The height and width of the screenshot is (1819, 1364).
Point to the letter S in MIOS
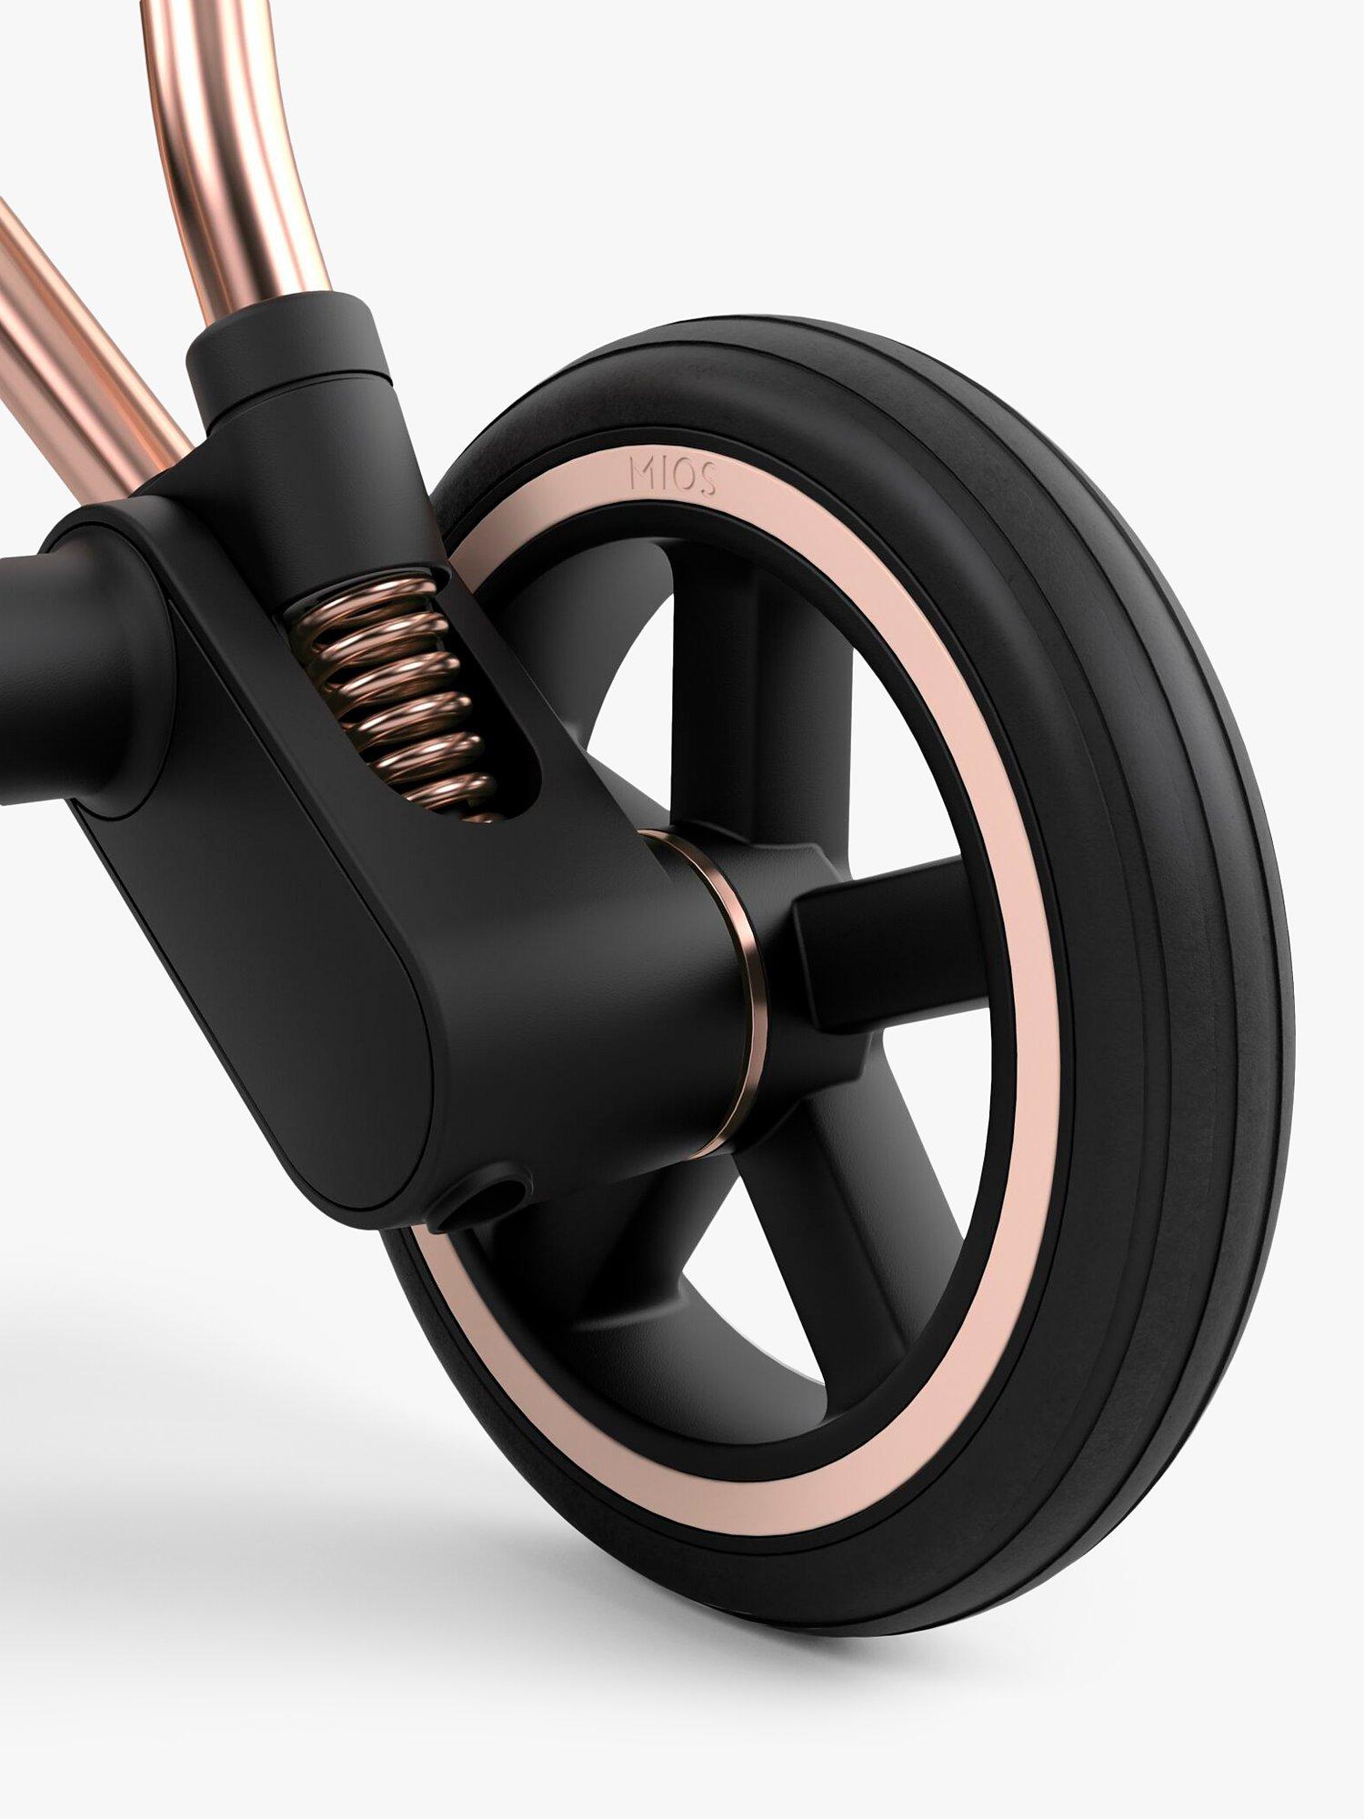pyautogui.click(x=707, y=480)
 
